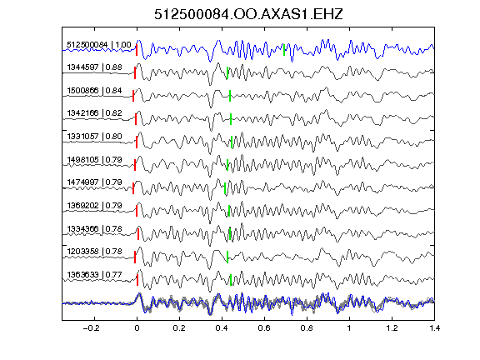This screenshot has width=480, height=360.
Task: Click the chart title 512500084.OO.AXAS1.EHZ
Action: pyautogui.click(x=248, y=14)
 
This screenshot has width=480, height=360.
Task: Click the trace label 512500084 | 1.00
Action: pyautogui.click(x=99, y=45)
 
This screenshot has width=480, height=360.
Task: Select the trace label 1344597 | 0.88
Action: pyautogui.click(x=95, y=67)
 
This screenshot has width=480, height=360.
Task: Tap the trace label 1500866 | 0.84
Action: pyautogui.click(x=95, y=91)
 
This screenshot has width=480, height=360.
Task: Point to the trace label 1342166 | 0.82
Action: pyautogui.click(x=95, y=113)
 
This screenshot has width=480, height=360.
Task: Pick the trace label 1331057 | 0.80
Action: pyautogui.click(x=95, y=136)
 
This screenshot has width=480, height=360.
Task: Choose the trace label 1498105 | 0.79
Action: pyautogui.click(x=95, y=159)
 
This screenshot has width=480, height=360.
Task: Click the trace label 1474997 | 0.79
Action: pyautogui.click(x=95, y=182)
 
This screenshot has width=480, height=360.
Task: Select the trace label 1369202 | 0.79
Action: pyautogui.click(x=95, y=205)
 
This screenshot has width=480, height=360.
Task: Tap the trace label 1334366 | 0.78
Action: pyautogui.click(x=95, y=228)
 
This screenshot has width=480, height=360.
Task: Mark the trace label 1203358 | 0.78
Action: pyautogui.click(x=95, y=252)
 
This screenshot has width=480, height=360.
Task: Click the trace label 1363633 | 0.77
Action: pyautogui.click(x=95, y=275)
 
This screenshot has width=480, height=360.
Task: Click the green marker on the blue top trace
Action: pyautogui.click(x=284, y=50)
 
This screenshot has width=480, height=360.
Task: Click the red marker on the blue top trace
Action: pyautogui.click(x=137, y=50)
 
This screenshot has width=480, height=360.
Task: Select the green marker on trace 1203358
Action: pyautogui.click(x=227, y=257)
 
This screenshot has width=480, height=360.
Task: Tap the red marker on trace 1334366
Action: pyautogui.click(x=138, y=234)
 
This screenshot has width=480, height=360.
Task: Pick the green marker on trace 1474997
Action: pyautogui.click(x=225, y=188)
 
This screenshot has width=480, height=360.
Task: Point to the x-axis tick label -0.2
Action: pyautogui.click(x=92, y=328)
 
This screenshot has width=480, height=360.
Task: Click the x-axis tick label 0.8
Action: pyautogui.click(x=307, y=328)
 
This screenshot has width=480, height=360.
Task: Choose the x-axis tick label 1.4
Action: pyautogui.click(x=434, y=328)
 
